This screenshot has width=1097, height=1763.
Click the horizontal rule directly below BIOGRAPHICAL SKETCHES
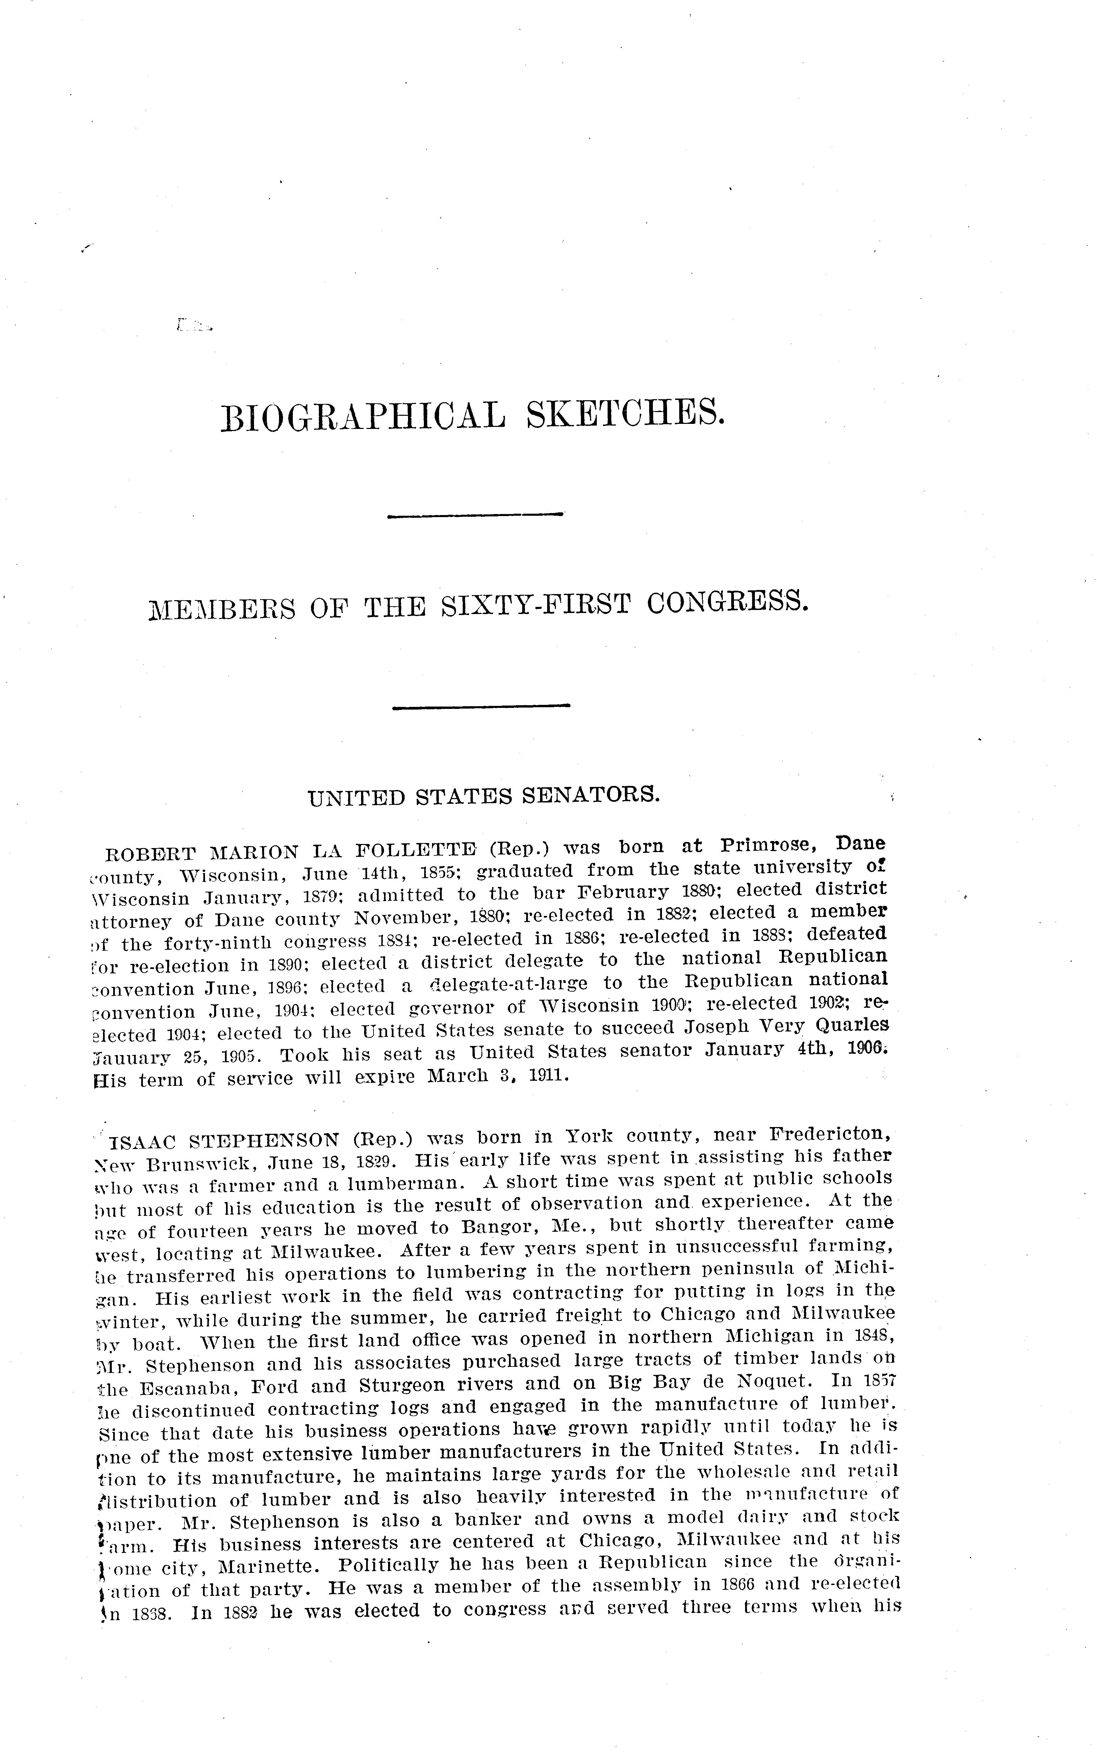(x=476, y=515)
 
